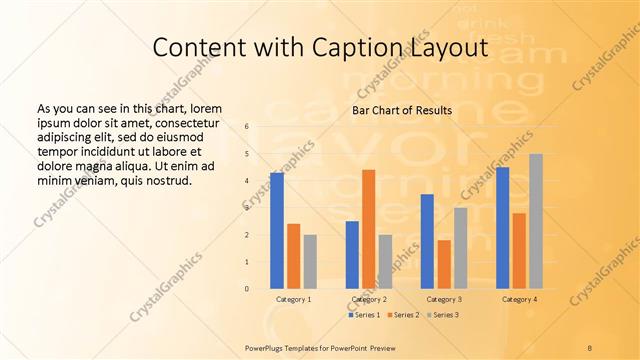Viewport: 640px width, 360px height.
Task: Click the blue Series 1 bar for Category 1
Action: [x=276, y=230]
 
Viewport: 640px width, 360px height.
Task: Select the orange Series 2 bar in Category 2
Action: [x=368, y=229]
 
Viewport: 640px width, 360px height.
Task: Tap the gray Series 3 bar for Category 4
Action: [x=536, y=221]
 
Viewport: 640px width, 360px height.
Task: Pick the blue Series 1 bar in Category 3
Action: [x=427, y=241]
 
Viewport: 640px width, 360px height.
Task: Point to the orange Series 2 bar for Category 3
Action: [x=443, y=264]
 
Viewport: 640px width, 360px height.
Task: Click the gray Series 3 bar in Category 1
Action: [x=310, y=261]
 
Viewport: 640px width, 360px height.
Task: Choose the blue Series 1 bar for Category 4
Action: [x=502, y=227]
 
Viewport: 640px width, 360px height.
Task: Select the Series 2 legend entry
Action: [x=403, y=315]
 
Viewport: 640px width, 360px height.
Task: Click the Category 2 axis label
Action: [x=369, y=299]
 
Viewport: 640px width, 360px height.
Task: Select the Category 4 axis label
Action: [x=518, y=299]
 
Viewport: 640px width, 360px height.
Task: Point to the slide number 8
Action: [x=589, y=346]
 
